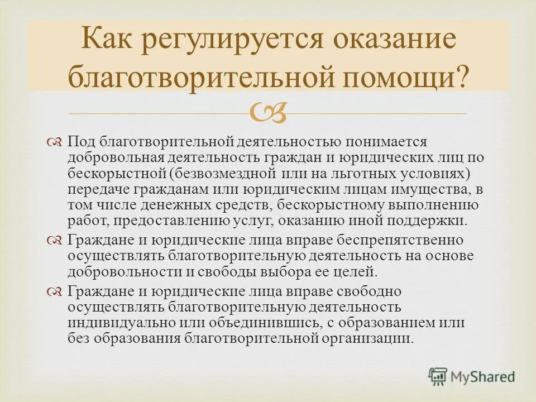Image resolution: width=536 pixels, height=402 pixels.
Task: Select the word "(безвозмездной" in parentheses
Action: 225,174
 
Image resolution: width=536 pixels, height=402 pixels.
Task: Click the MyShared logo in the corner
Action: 471,376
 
